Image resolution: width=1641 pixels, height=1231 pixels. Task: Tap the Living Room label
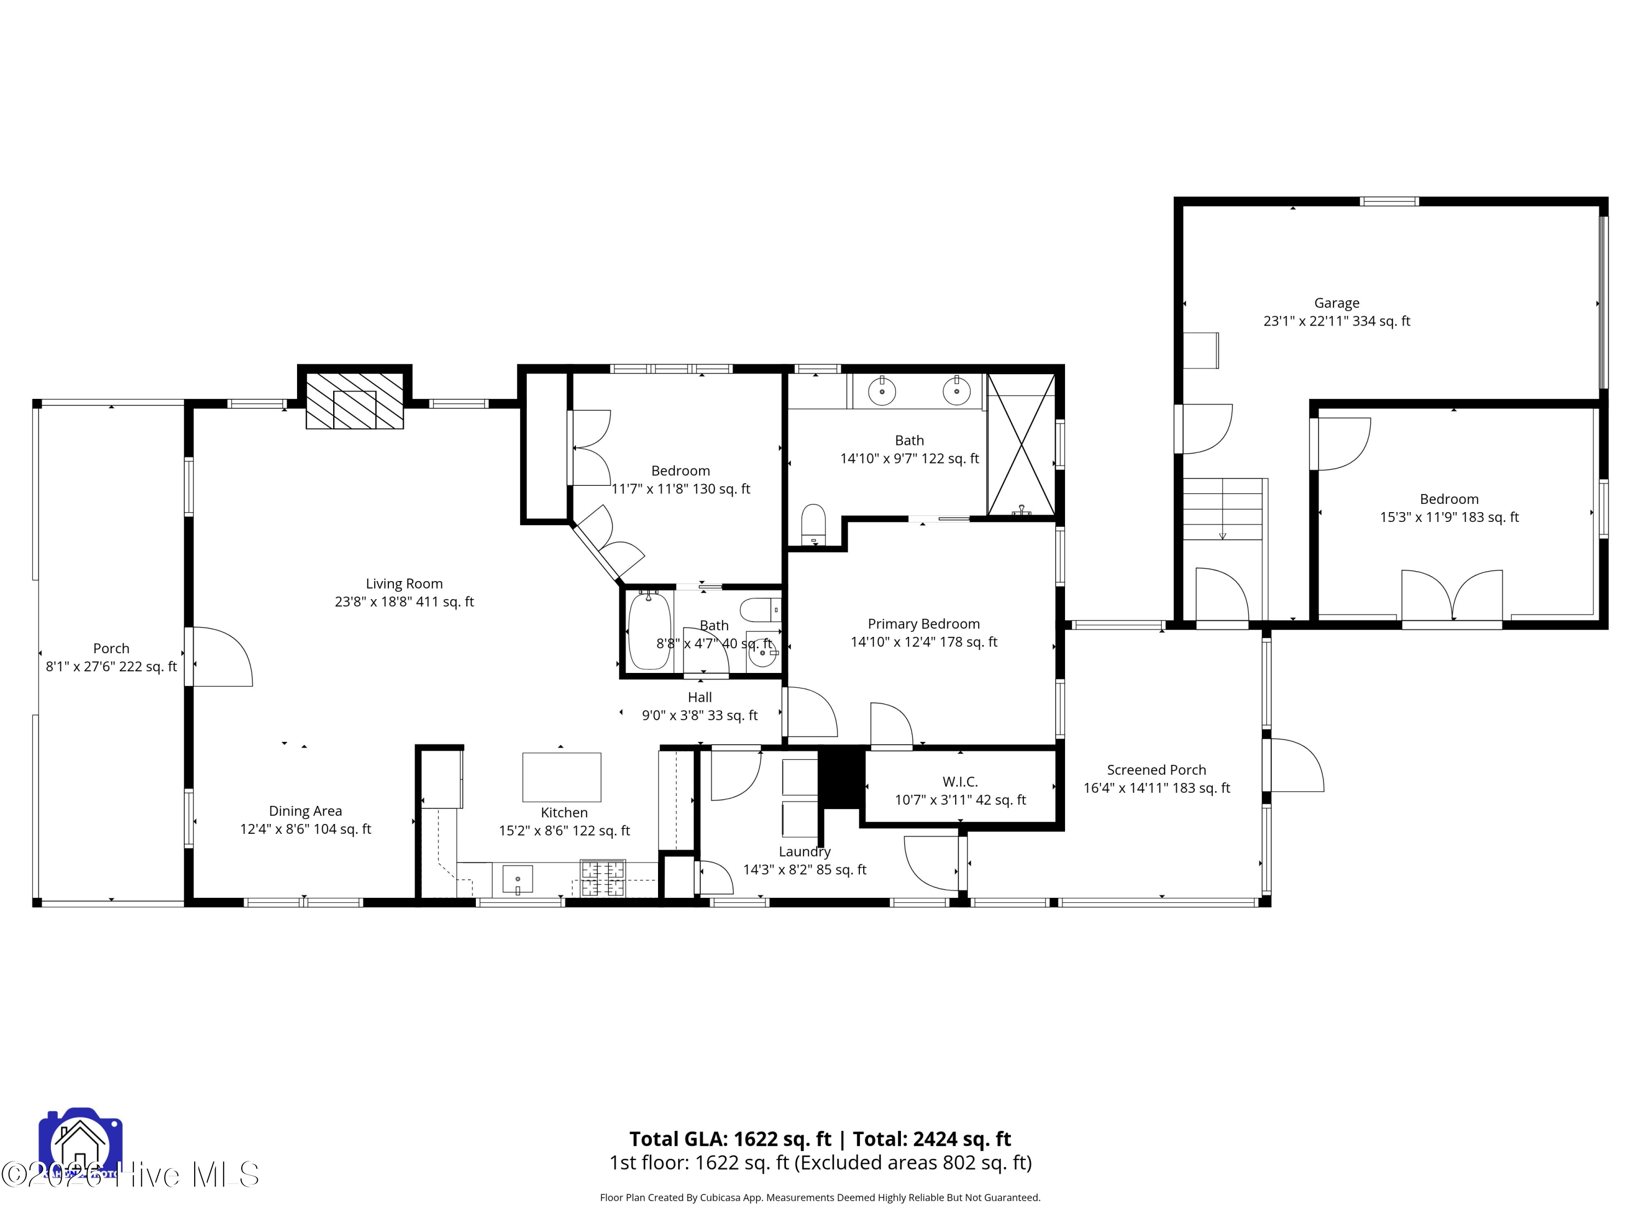(x=404, y=584)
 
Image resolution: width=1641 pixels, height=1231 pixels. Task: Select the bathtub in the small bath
(x=649, y=631)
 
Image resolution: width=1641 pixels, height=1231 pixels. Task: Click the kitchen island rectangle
(x=562, y=777)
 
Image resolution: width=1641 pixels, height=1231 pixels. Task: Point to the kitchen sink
(x=517, y=879)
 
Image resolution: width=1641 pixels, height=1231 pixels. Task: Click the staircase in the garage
(x=1223, y=509)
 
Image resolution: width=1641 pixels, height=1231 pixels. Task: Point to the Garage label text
(x=1336, y=303)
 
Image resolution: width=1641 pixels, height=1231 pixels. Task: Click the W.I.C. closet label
(x=960, y=781)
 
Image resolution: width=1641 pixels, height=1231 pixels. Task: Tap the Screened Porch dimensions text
(x=1156, y=788)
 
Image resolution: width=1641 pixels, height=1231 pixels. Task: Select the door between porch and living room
(x=221, y=657)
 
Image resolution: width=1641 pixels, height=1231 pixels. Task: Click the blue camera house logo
(x=80, y=1143)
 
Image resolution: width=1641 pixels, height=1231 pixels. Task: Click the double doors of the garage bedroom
(x=1452, y=596)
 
